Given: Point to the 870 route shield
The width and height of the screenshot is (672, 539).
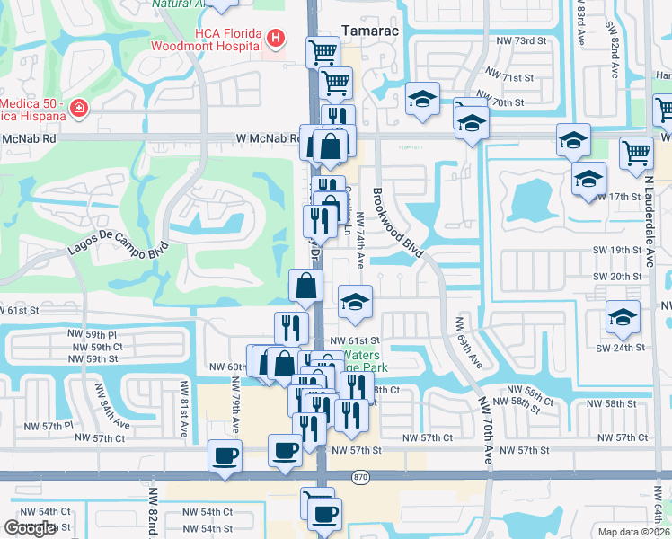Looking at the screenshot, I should click(361, 475).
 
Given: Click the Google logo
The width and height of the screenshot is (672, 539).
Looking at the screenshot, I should click(30, 528).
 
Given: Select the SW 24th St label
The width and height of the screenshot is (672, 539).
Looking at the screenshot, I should click(624, 347).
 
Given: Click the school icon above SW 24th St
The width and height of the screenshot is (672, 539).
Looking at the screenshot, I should click(622, 316).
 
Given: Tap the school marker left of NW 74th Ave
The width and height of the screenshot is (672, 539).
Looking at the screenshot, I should click(356, 302).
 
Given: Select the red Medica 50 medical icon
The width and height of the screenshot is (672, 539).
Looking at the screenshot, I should click(79, 110).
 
